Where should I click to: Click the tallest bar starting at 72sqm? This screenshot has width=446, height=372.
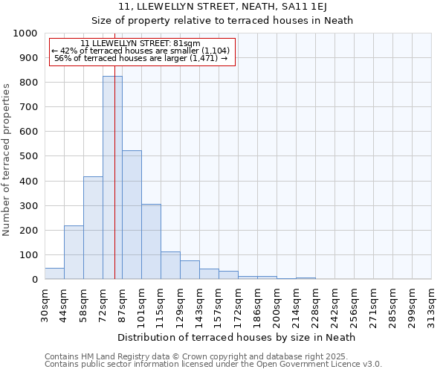click(112, 178)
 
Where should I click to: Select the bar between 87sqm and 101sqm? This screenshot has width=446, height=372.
click(132, 215)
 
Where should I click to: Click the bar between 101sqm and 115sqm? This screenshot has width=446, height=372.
click(151, 242)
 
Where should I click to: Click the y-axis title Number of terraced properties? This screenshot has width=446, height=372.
click(7, 160)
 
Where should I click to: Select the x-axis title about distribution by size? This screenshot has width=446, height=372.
click(237, 337)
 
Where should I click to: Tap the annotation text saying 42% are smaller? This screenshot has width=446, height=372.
click(141, 51)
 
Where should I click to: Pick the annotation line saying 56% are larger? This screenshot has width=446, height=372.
click(141, 58)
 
